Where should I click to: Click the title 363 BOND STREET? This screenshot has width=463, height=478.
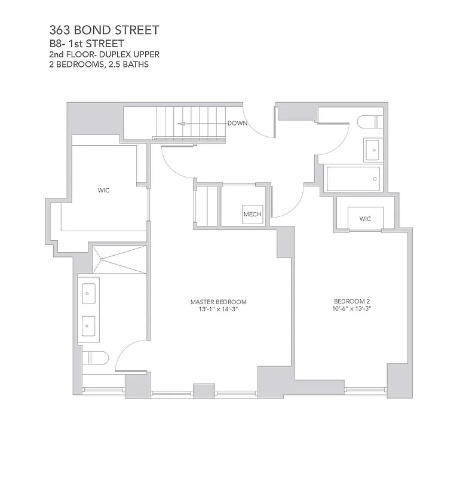coord(105,30)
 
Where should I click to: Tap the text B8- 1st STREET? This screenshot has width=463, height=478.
coord(87,43)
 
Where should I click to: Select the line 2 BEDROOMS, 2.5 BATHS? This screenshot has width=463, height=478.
coord(99,65)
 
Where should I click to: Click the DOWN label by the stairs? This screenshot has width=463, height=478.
coord(238,123)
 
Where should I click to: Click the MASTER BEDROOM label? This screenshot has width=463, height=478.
coord(219,302)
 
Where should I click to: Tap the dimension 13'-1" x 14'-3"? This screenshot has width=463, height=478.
coord(219,310)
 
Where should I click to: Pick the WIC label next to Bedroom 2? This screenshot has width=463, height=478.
coord(365,219)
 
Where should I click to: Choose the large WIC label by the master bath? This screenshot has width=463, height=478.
coord(104,191)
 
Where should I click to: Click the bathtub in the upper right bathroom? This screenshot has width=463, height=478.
coord(353,178)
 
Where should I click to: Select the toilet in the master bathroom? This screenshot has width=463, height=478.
coord(95,358)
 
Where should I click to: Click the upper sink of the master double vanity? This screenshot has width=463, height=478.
coord(89,292)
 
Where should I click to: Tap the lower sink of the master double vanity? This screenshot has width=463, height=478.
coord(89,326)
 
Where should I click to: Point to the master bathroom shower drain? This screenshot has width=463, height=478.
coord(102,259)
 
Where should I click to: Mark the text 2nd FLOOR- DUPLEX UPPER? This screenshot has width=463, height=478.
coord(104,54)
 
